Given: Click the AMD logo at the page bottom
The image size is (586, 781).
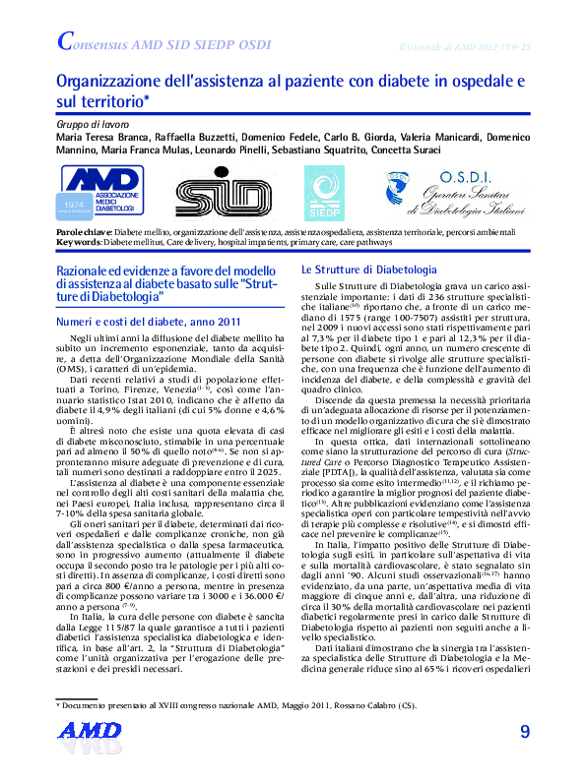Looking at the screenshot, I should pos(89,755).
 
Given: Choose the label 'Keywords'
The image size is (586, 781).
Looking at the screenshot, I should pos(79,242).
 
